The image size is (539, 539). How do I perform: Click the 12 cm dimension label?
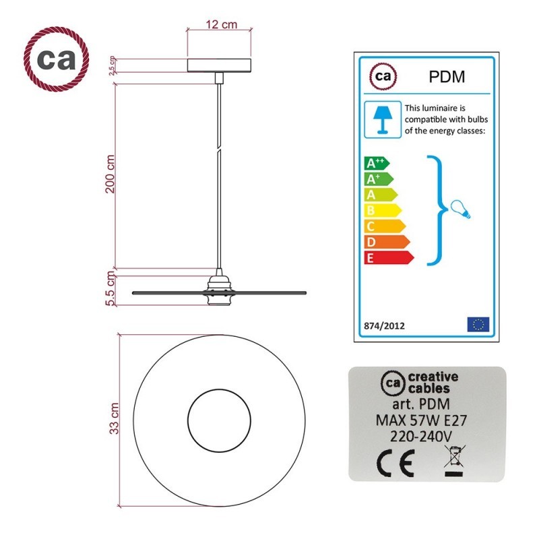(x=222, y=24)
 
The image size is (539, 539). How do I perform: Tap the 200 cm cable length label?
(x=110, y=174)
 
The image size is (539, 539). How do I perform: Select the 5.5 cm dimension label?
(x=110, y=288)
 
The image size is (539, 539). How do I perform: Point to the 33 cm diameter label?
(x=114, y=418)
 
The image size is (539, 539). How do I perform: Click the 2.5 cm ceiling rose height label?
(x=113, y=65)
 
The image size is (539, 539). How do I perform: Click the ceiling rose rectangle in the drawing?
(x=219, y=65)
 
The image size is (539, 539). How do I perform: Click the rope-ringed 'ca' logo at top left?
(x=56, y=59)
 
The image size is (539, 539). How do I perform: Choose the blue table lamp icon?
(x=383, y=120)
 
